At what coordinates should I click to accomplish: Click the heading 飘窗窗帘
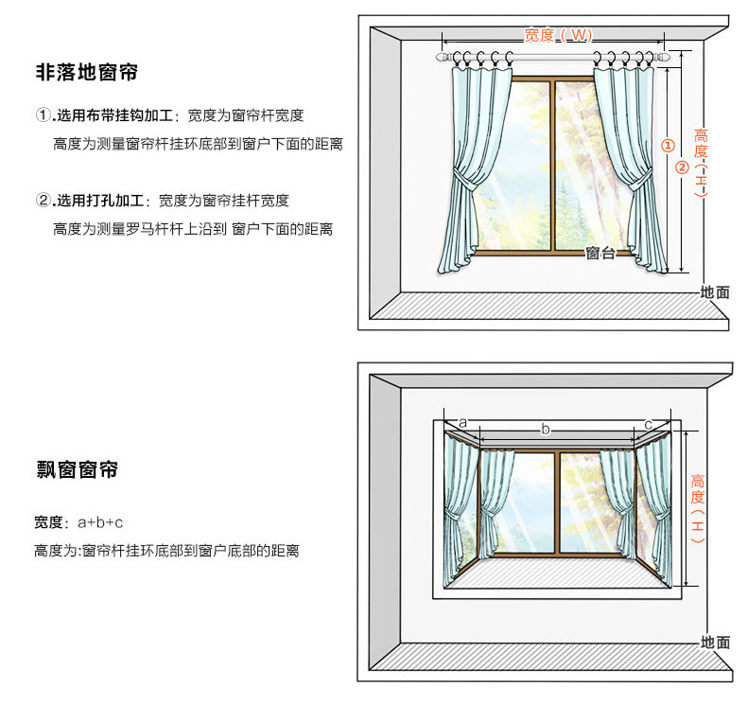click(77, 469)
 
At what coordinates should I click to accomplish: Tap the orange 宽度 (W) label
click(558, 35)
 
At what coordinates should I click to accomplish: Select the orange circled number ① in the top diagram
click(667, 147)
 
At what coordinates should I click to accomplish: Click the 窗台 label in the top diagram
click(599, 253)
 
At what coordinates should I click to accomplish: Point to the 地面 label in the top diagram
click(715, 292)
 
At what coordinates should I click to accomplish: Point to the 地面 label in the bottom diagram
click(715, 642)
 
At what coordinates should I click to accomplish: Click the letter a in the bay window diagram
click(462, 421)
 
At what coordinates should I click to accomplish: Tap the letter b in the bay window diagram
click(545, 429)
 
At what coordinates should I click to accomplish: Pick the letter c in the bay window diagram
click(648, 422)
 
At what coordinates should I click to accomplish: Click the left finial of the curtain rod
click(442, 59)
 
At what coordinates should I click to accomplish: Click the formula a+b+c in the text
click(100, 522)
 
